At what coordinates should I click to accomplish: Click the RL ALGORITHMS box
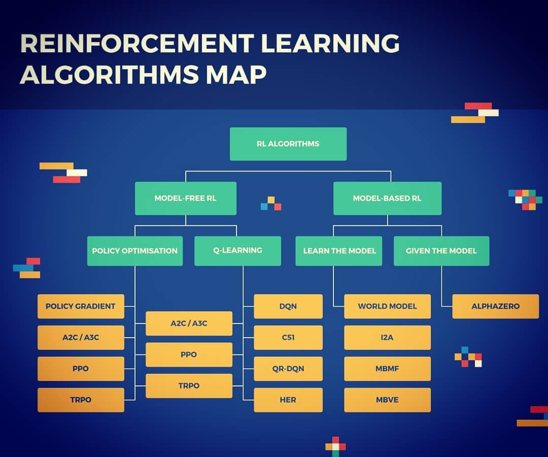288,144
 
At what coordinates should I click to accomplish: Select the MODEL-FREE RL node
186,198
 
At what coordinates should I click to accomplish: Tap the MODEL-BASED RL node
387,198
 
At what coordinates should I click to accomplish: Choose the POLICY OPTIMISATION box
135,251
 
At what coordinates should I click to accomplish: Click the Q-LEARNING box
237,251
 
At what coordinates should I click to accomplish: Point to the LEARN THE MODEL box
338,251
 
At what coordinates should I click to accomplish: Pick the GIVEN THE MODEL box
441,251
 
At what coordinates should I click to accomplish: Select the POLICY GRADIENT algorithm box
81,306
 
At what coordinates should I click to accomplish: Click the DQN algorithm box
288,306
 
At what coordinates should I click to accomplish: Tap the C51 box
288,337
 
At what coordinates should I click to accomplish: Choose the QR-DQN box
288,369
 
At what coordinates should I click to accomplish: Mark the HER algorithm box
288,400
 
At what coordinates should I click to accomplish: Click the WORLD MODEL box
387,306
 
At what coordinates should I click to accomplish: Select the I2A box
387,337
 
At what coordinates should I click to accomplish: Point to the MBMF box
387,369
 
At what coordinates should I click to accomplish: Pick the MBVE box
387,400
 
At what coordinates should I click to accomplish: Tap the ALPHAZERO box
496,306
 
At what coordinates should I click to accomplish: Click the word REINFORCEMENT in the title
138,43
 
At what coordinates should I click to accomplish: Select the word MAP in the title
236,75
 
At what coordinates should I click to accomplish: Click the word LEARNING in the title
330,43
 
